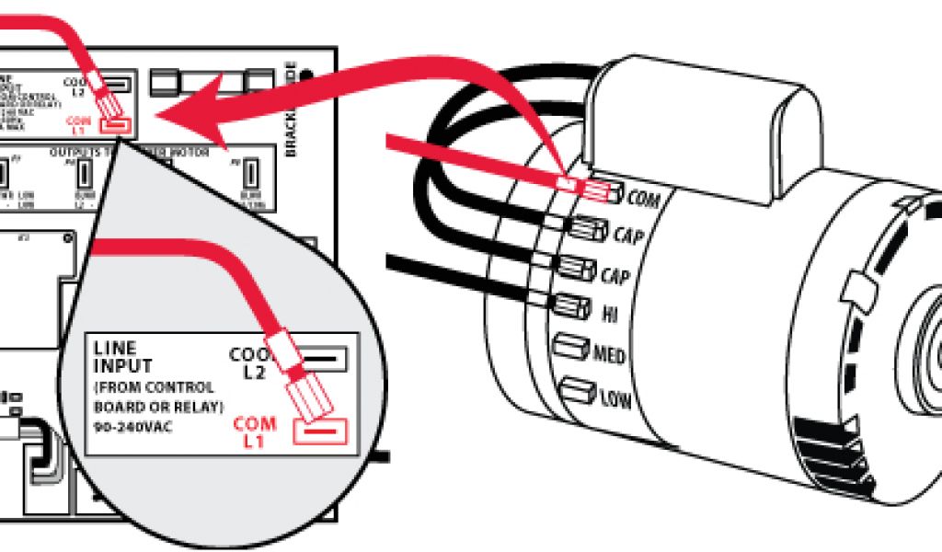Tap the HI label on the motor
coord(609,315)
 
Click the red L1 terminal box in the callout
coord(319,430)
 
